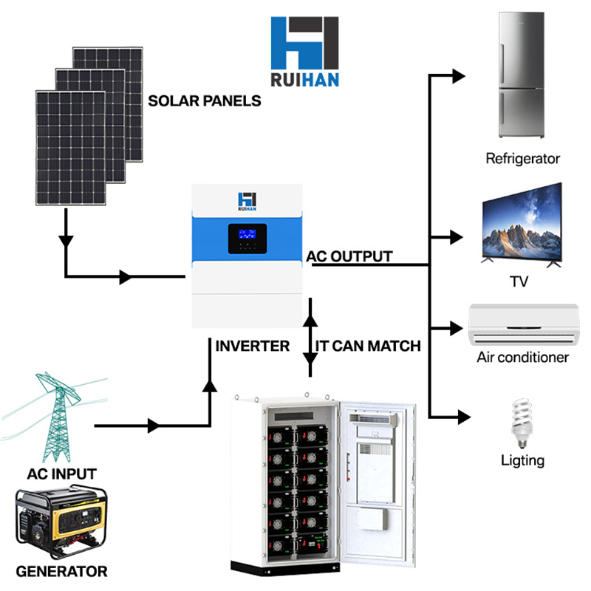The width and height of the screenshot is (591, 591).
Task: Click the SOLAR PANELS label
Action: [205, 100]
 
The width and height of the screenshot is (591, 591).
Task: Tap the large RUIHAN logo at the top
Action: [304, 52]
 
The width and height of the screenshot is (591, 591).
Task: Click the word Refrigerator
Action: [522, 158]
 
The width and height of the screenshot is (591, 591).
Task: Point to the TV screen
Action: [520, 225]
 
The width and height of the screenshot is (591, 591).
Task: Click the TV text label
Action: [519, 281]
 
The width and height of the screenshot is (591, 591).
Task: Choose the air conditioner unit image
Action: [522, 323]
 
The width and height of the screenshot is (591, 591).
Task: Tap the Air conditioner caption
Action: [522, 358]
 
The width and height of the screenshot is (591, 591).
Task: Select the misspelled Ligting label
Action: [522, 460]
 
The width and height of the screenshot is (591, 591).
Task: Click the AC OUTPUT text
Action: [349, 256]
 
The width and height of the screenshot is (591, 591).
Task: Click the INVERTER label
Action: [252, 345]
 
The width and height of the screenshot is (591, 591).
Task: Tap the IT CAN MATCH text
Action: [367, 345]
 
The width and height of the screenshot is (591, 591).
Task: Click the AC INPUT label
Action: [61, 474]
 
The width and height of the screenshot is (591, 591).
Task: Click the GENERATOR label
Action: [61, 571]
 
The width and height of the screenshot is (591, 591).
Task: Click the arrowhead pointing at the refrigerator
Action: [458, 75]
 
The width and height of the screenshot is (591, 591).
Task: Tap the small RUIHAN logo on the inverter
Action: [246, 201]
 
